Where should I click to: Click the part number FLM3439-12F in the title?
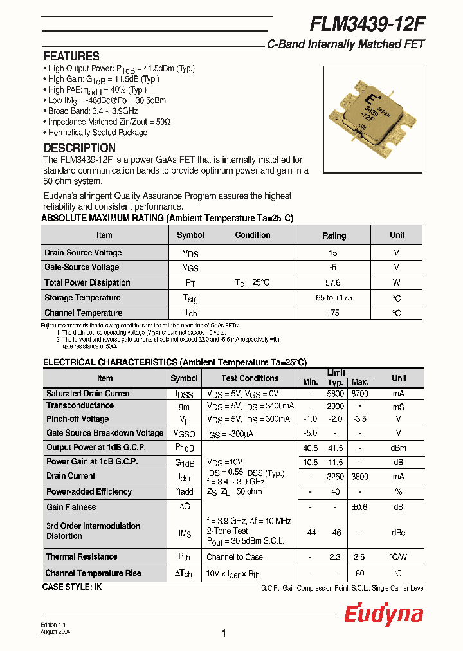pyautogui.click(x=367, y=24)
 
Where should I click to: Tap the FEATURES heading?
pyautogui.click(x=71, y=56)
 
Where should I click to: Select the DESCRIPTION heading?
pyautogui.click(x=79, y=148)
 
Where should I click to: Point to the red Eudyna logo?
pyautogui.click(x=384, y=614)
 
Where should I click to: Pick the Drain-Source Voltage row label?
pyautogui.click(x=83, y=253)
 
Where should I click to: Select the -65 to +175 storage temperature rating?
pyautogui.click(x=334, y=298)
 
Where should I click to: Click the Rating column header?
pyautogui.click(x=334, y=235)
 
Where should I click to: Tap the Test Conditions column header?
pyautogui.click(x=250, y=378)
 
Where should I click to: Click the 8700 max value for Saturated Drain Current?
pyautogui.click(x=359, y=394)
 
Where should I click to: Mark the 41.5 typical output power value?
pyautogui.click(x=335, y=448)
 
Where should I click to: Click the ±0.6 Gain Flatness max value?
pyautogui.click(x=359, y=507)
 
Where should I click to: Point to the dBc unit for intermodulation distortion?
pyautogui.click(x=399, y=533)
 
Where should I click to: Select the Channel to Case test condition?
pyautogui.click(x=235, y=557)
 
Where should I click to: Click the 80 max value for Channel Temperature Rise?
pyautogui.click(x=359, y=573)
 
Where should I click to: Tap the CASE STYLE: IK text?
pyautogui.click(x=72, y=587)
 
